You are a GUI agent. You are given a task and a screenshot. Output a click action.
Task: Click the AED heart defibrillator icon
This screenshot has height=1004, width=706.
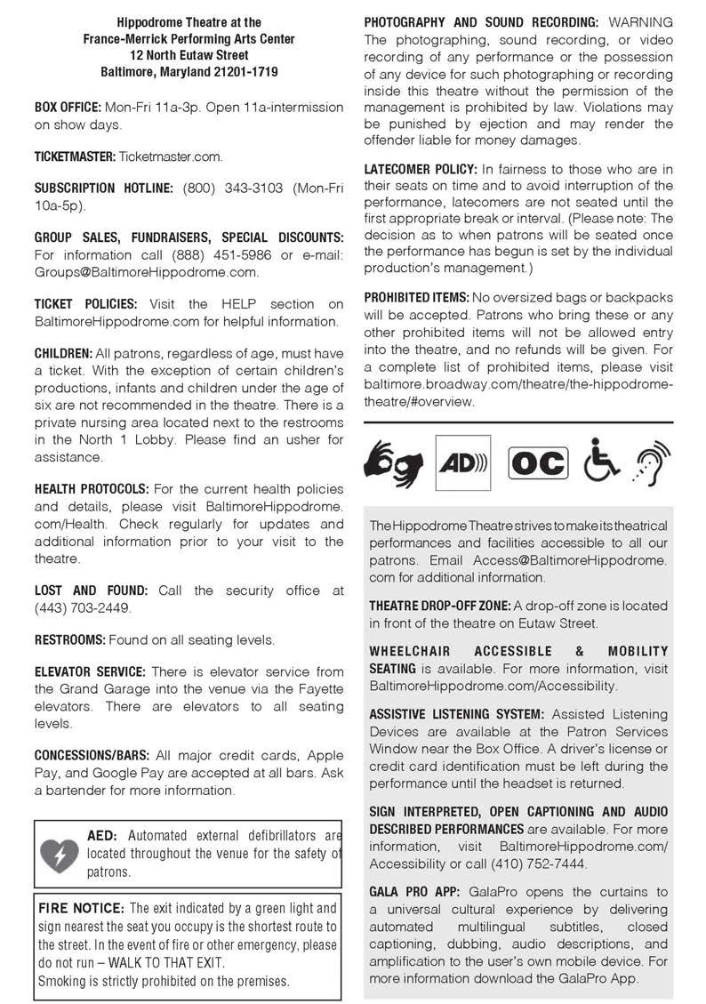(x=60, y=855)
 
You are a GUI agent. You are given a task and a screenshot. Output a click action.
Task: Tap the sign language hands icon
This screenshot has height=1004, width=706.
(x=394, y=462)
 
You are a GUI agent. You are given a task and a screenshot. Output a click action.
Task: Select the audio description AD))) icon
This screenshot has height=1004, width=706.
(x=462, y=463)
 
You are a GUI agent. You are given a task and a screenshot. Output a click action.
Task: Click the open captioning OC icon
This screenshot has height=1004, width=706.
(x=537, y=463)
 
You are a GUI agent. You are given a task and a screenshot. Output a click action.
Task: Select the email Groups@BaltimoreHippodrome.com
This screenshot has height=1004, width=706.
(x=147, y=272)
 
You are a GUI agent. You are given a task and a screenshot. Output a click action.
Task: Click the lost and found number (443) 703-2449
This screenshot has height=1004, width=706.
(x=82, y=607)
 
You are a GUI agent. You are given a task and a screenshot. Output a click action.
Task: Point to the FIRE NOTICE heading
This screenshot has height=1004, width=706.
(x=81, y=908)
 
